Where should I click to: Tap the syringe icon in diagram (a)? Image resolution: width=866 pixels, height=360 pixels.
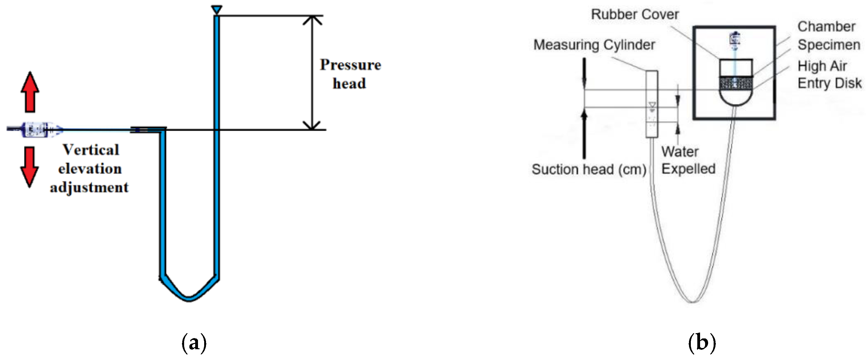[35, 129]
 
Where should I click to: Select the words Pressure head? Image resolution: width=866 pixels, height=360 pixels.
[350, 74]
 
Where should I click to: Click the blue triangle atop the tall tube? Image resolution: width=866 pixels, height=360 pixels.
[216, 10]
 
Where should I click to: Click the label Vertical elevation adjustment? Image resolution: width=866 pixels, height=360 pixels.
[90, 168]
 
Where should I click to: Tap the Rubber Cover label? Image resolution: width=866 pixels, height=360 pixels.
[635, 14]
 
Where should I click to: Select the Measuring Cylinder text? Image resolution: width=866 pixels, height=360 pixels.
[594, 45]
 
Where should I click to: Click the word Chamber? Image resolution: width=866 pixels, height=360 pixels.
[826, 27]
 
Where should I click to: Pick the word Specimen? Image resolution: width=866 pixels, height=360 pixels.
[829, 45]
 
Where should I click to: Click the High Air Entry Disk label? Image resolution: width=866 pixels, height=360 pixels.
[829, 74]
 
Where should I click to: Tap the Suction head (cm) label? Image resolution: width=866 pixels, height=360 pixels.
[589, 170]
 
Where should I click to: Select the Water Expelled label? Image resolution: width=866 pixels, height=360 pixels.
[688, 160]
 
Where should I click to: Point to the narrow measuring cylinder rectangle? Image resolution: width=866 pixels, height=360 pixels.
[652, 104]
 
